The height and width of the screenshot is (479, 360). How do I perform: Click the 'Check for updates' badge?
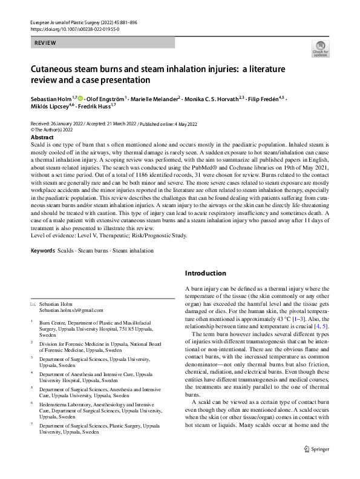[320, 49]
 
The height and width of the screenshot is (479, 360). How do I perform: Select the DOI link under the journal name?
[75, 29]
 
